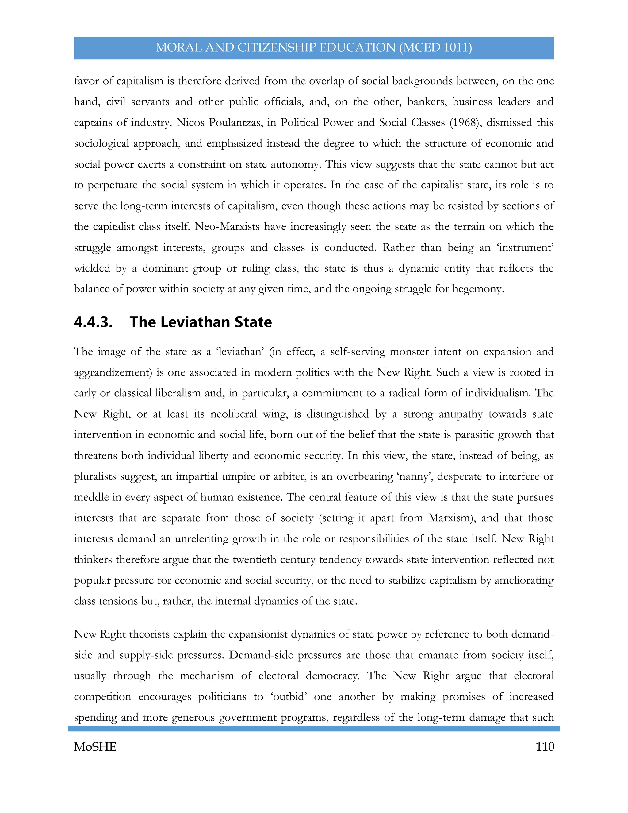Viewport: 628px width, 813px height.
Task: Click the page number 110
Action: pos(545,747)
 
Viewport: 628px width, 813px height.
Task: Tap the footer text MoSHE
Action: pos(95,747)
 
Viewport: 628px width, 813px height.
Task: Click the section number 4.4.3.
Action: pos(93,322)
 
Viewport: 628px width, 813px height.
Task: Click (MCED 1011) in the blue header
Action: pos(436,48)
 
